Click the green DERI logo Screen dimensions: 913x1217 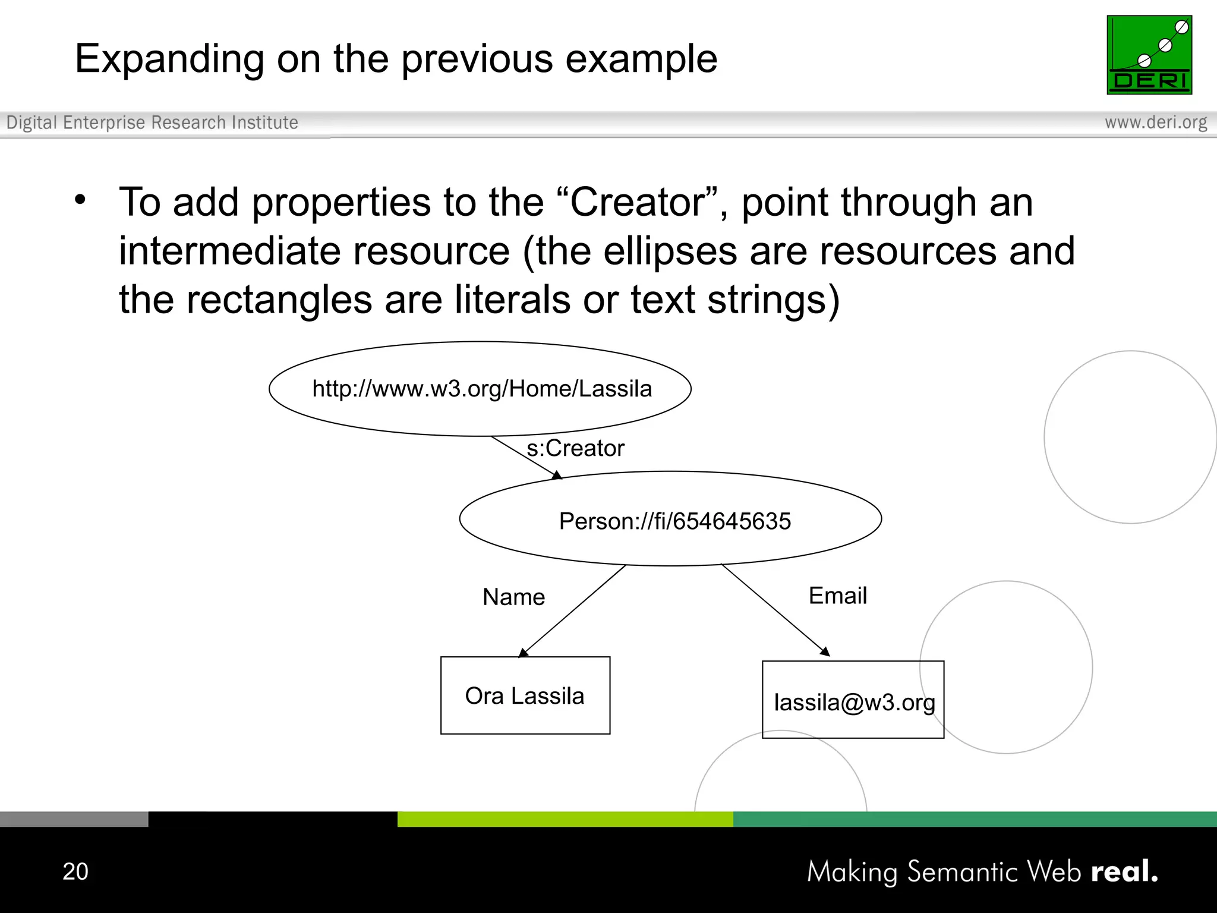[1149, 55]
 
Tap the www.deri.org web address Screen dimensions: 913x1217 [1155, 122]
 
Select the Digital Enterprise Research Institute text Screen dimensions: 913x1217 [152, 122]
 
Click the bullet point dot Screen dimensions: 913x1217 [80, 200]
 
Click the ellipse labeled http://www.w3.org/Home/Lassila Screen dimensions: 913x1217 [480, 389]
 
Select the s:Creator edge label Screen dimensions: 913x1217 [575, 448]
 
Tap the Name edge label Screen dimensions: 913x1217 [513, 597]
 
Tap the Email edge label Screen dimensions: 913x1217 [837, 596]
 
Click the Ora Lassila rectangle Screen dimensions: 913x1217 [525, 695]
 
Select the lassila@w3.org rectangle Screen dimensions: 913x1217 [852, 701]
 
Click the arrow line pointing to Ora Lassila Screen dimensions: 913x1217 [573, 611]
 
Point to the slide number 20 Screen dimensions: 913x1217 [75, 871]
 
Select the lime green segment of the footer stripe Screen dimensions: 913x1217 [565, 819]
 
